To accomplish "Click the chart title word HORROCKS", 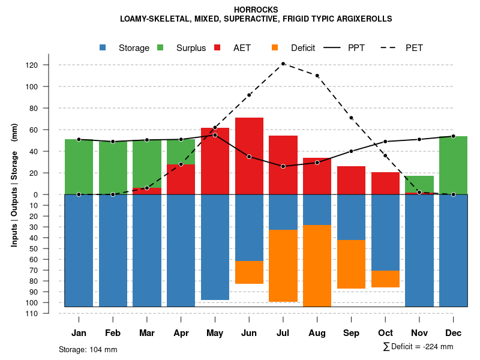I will click(256, 10).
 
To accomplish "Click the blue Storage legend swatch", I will click(103, 48).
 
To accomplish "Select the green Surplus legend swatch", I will click(161, 48).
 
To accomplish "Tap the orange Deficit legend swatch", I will click(275, 48).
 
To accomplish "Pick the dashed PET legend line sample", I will click(391, 48).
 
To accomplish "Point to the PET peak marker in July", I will click(283, 64).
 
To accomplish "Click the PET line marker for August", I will click(317, 76).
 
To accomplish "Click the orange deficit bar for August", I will click(317, 266).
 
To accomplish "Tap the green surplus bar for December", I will click(453, 165).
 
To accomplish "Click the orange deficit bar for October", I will click(385, 279).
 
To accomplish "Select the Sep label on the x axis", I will click(351, 333).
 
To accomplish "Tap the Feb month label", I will click(113, 333).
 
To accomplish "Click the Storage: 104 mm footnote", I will click(88, 349).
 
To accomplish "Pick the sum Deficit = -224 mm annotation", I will click(418, 347).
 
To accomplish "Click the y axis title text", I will click(14, 184).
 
